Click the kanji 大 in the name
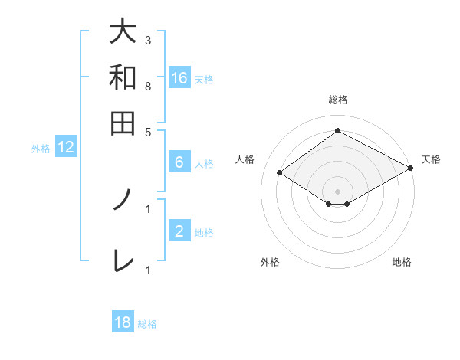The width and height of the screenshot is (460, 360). [123, 32]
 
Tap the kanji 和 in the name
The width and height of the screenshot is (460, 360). [123, 77]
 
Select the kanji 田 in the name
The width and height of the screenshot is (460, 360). [123, 123]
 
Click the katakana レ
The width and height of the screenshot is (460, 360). [123, 260]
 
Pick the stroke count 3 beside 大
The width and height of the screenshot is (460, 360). [148, 40]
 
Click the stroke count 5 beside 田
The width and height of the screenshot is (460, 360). [148, 131]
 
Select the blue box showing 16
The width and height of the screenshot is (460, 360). [179, 78]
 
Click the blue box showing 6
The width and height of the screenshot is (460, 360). [179, 162]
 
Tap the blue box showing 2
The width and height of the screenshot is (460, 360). [179, 231]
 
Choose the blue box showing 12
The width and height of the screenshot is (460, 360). [66, 148]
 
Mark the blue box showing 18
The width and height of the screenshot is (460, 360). [123, 322]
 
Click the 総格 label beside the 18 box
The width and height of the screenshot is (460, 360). [147, 324]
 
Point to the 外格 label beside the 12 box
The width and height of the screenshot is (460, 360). [41, 149]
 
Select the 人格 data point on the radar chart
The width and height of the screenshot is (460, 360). [280, 173]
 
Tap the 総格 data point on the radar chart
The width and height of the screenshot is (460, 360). [337, 131]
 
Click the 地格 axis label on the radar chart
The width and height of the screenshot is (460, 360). [402, 263]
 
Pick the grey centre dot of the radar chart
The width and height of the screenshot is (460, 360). [337, 191]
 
